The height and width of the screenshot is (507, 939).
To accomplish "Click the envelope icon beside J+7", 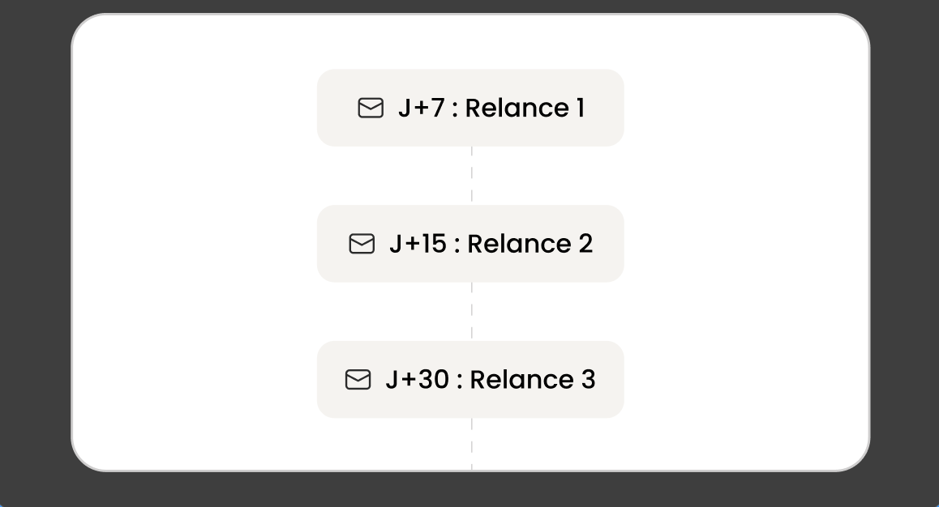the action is pos(371,109).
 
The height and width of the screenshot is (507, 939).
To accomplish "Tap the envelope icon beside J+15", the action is pos(362,244).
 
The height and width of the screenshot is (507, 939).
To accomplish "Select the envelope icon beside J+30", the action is pos(358,380).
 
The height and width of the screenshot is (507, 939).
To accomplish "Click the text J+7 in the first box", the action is pos(422,109).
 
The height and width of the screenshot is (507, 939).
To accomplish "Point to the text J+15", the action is pos(418,244).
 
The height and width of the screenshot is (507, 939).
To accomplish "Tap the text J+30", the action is pos(418,380).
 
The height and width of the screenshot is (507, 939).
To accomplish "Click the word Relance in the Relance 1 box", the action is pos(517,109).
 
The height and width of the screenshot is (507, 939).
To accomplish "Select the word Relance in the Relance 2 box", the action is pos(519,244).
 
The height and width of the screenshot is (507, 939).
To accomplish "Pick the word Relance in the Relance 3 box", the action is pos(521,380).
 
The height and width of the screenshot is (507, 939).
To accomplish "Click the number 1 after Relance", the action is pos(581,109).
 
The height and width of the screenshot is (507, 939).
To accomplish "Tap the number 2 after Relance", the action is pos(585,244).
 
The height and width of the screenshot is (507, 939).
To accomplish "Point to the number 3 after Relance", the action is pos(589,380).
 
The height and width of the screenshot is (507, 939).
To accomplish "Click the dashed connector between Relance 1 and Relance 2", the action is pos(472,176).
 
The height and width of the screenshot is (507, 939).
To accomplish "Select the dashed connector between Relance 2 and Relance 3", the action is pos(472,312).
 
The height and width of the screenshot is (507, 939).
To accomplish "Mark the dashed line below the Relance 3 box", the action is pos(472,444).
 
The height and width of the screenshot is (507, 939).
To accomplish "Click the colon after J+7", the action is pos(455,110).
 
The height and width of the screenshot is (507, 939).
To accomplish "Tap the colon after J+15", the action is pos(457,245).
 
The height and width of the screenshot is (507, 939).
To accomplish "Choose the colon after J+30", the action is pos(459,381).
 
